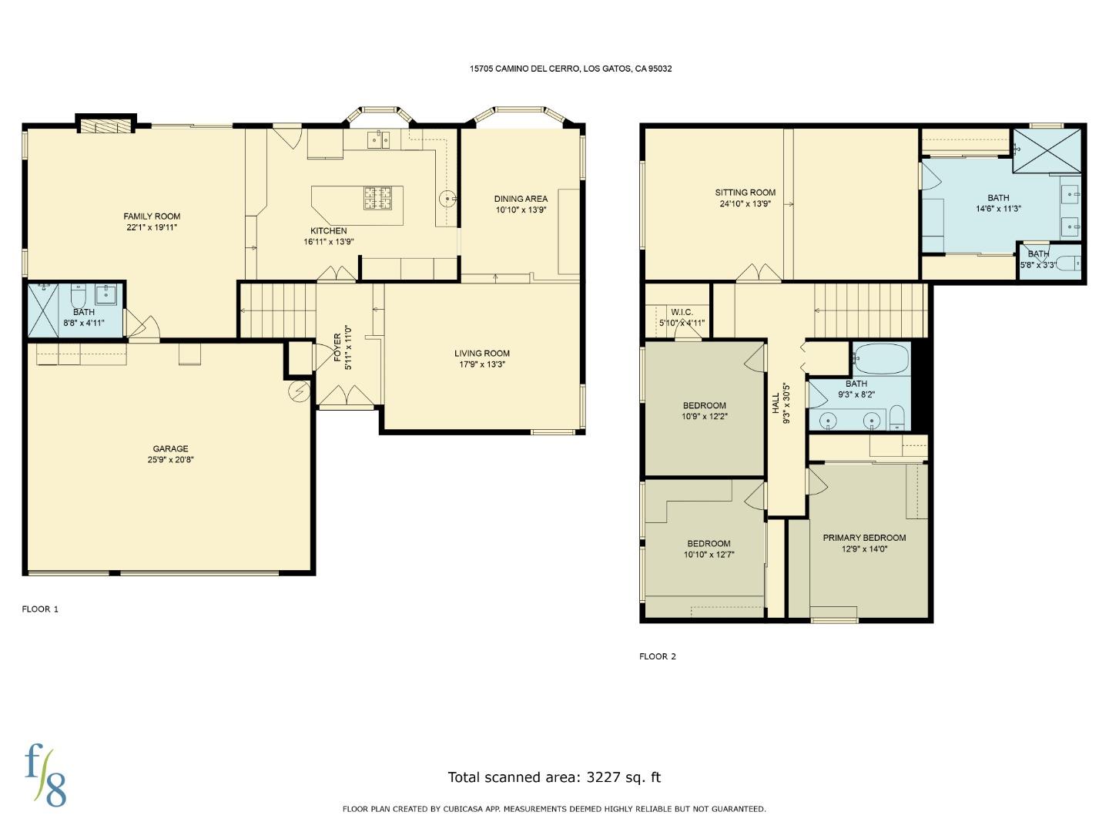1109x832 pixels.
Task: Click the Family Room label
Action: click(152, 216)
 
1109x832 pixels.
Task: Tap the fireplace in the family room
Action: click(106, 126)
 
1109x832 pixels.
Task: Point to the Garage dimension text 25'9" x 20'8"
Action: click(170, 460)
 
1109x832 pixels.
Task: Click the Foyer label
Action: click(337, 348)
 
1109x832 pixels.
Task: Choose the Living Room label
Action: click(481, 354)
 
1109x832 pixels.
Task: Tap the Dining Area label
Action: click(521, 199)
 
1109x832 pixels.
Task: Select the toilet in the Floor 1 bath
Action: click(79, 296)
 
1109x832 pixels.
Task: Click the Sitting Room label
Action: click(745, 193)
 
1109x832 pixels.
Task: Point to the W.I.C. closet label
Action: click(682, 313)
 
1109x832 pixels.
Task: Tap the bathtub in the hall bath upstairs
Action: click(881, 359)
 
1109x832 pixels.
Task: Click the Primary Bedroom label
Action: click(864, 538)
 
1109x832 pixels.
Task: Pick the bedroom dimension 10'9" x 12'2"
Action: click(704, 417)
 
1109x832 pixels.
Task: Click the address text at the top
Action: click(571, 69)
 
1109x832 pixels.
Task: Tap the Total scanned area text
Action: click(554, 777)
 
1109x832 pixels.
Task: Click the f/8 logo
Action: click(45, 775)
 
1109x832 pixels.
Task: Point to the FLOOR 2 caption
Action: click(657, 656)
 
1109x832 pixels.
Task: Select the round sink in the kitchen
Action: click(448, 200)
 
